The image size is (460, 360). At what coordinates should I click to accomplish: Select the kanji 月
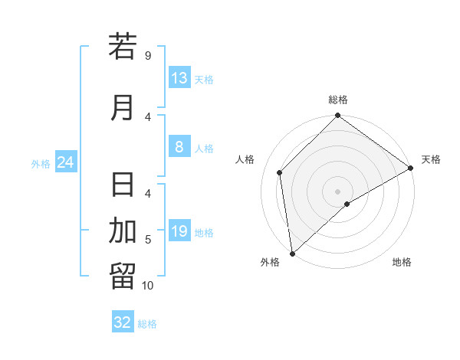pos(123,108)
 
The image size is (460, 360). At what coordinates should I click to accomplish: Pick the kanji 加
pos(123,231)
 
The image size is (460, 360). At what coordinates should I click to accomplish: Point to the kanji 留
pos(123,277)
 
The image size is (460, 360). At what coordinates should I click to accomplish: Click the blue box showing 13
pos(179,78)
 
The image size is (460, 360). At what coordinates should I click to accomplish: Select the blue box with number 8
pos(179,147)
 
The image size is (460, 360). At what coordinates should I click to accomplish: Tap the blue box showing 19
pos(179,231)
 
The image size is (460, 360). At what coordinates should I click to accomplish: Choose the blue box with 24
pos(65,162)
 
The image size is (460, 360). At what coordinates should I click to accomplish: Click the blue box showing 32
pos(123,322)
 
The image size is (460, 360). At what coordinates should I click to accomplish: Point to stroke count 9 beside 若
pos(147,55)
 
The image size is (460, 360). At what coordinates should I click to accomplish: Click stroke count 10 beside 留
pos(147,285)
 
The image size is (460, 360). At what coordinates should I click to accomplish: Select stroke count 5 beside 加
pos(147,240)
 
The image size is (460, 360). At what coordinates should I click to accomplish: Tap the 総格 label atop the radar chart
pos(337,100)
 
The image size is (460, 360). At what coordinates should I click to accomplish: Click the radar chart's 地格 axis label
pos(402,263)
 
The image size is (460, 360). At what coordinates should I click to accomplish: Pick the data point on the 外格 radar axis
pos(291,253)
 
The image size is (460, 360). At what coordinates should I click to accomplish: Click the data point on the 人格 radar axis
pos(280,172)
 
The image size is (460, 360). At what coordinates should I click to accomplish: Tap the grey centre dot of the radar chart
pos(337,191)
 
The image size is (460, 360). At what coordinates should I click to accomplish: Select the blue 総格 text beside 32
pos(148,324)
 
